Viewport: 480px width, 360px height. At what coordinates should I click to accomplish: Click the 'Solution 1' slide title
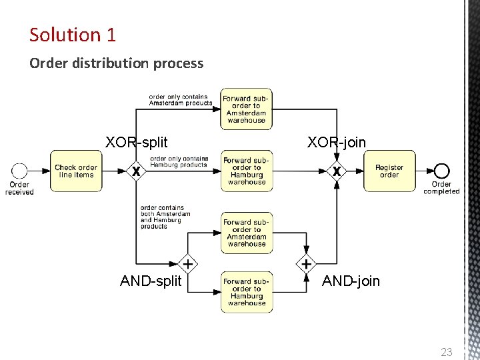click(73, 35)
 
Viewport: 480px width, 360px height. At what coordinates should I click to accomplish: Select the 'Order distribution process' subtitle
click(116, 63)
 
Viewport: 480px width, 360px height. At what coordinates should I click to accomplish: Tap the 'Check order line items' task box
click(76, 171)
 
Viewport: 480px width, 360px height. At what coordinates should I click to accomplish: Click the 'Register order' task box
click(389, 171)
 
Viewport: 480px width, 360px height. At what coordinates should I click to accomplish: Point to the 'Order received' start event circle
click(20, 171)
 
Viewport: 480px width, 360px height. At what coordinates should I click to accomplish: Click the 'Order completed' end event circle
click(441, 171)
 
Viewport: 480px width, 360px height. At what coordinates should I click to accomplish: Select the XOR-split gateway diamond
click(136, 171)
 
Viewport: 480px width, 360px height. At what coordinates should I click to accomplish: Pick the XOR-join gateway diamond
click(337, 171)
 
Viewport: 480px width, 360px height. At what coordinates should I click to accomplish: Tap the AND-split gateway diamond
click(189, 263)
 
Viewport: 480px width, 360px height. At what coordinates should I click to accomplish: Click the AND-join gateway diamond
click(306, 263)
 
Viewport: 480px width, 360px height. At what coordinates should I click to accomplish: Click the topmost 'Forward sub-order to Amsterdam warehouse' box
click(246, 109)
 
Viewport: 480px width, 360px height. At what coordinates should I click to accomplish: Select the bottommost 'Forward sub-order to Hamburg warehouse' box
click(247, 292)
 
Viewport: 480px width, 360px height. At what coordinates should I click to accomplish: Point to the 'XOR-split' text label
click(137, 142)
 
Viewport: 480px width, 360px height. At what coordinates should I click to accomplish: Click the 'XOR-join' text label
click(337, 141)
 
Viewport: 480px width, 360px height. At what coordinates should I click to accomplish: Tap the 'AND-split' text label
click(151, 281)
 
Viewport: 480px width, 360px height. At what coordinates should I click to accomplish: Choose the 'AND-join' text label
click(351, 281)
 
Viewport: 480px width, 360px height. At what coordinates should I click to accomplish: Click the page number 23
click(447, 351)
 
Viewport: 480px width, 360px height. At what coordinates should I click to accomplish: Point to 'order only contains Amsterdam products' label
click(180, 100)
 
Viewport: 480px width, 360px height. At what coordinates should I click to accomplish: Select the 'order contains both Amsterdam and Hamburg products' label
click(165, 217)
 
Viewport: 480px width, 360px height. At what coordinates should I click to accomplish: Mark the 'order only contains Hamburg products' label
click(179, 161)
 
